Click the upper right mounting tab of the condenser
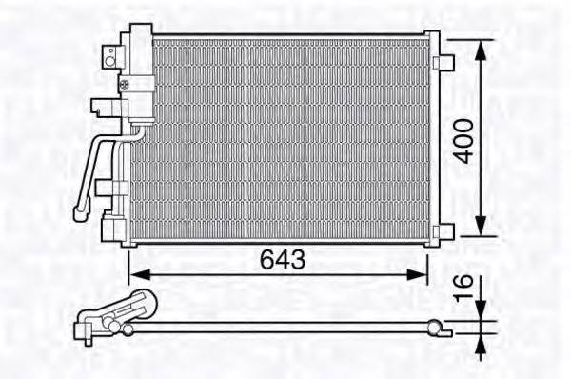[443, 62]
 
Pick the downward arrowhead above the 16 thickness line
[483, 310]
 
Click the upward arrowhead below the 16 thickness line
[483, 342]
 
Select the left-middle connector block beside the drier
[98, 109]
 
